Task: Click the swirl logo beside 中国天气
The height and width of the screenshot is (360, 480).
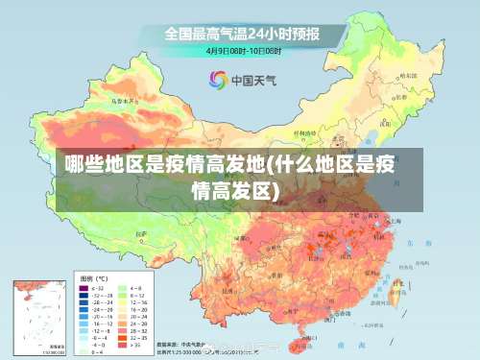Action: [x=218, y=80]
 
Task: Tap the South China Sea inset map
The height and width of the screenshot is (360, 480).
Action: [x=38, y=317]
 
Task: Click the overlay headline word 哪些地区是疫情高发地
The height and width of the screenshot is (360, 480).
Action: [x=163, y=162]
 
